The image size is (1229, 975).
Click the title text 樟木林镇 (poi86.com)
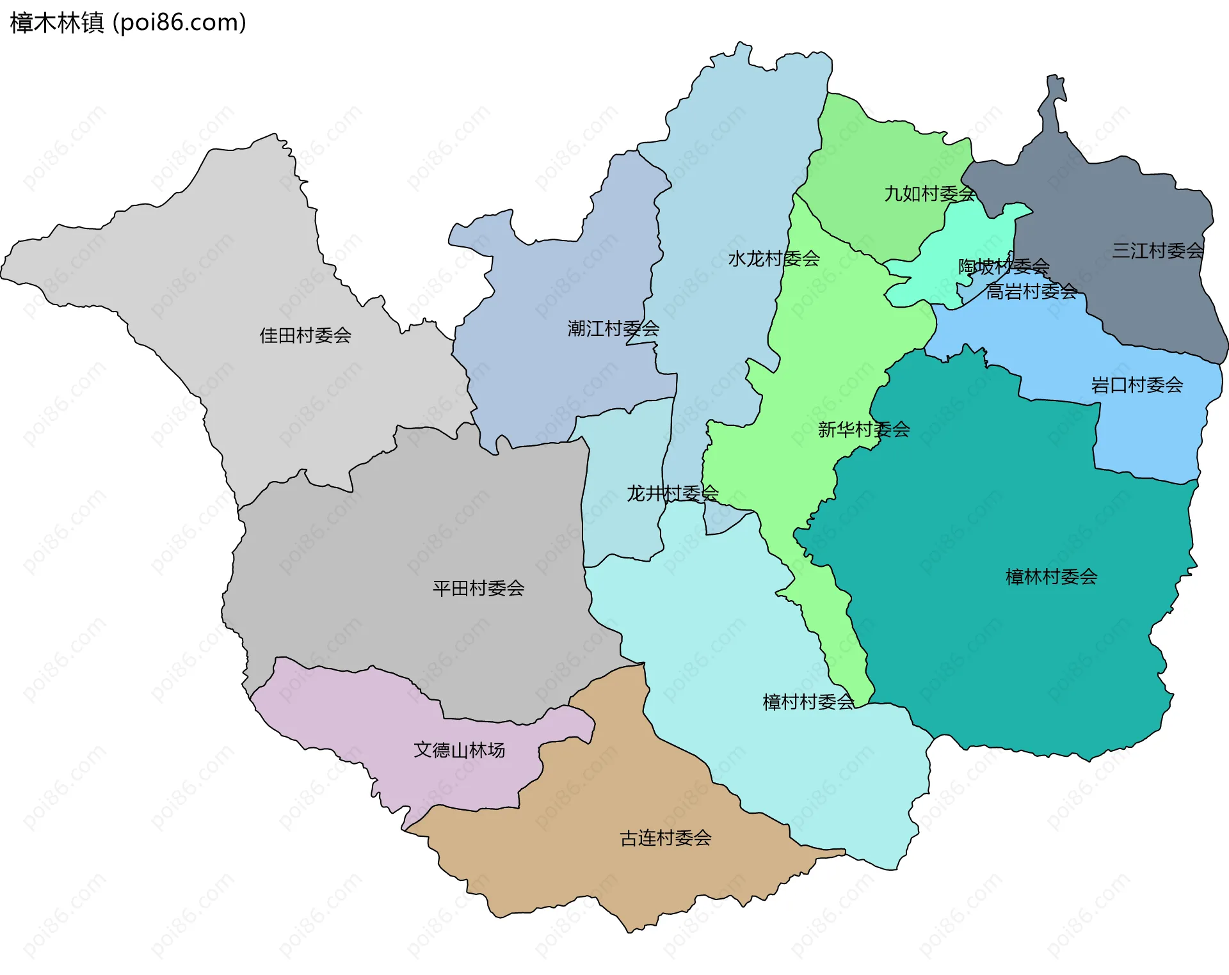click(x=128, y=23)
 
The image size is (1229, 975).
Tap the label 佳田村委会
click(x=305, y=335)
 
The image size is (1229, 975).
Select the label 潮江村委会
click(x=613, y=329)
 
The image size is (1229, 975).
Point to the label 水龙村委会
click(x=774, y=258)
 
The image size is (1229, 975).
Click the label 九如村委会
click(x=929, y=193)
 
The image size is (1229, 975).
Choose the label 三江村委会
click(x=1158, y=250)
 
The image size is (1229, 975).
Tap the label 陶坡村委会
click(x=1003, y=266)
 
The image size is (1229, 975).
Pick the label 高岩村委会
click(x=1031, y=292)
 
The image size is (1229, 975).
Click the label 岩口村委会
click(x=1137, y=385)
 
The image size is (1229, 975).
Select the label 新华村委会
click(x=864, y=429)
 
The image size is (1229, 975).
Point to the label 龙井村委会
click(x=672, y=493)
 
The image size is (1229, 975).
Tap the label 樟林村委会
click(x=1051, y=577)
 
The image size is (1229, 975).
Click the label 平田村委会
click(x=478, y=588)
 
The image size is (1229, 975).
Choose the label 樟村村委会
click(x=808, y=702)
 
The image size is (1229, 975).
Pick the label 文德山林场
click(x=459, y=750)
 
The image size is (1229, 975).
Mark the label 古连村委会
click(x=666, y=838)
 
